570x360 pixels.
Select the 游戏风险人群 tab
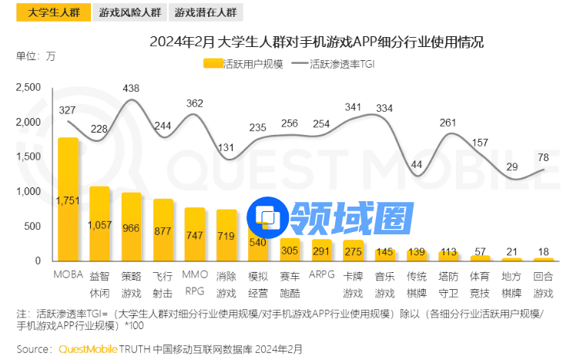(x=130, y=12)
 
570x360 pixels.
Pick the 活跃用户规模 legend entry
(x=244, y=65)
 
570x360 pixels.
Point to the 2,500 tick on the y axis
(x=28, y=87)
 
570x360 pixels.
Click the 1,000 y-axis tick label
(x=28, y=191)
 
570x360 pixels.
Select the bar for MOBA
(x=68, y=200)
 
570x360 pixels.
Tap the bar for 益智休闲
(x=99, y=224)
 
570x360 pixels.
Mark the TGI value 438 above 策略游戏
(x=131, y=89)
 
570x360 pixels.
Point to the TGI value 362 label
(x=195, y=103)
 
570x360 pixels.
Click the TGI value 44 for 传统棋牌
(x=417, y=164)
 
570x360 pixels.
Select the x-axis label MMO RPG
(x=194, y=283)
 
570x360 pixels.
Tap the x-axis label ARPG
(x=321, y=274)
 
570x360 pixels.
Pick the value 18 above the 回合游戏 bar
(x=544, y=251)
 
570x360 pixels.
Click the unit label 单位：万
(x=35, y=56)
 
